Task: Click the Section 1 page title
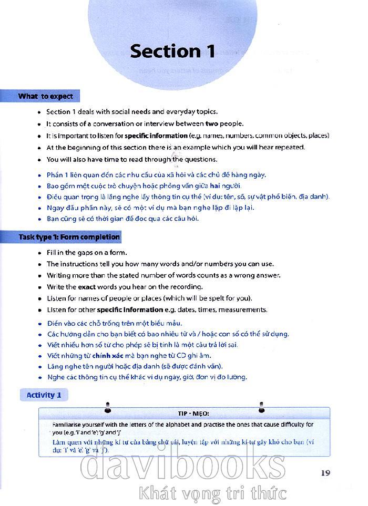point(172,51)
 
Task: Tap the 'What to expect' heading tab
point(45,96)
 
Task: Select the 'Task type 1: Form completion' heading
point(69,237)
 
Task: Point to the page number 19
point(325,472)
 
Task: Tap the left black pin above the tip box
point(107,406)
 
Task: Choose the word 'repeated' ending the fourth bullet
point(289,148)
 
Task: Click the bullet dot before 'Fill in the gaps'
point(39,253)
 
